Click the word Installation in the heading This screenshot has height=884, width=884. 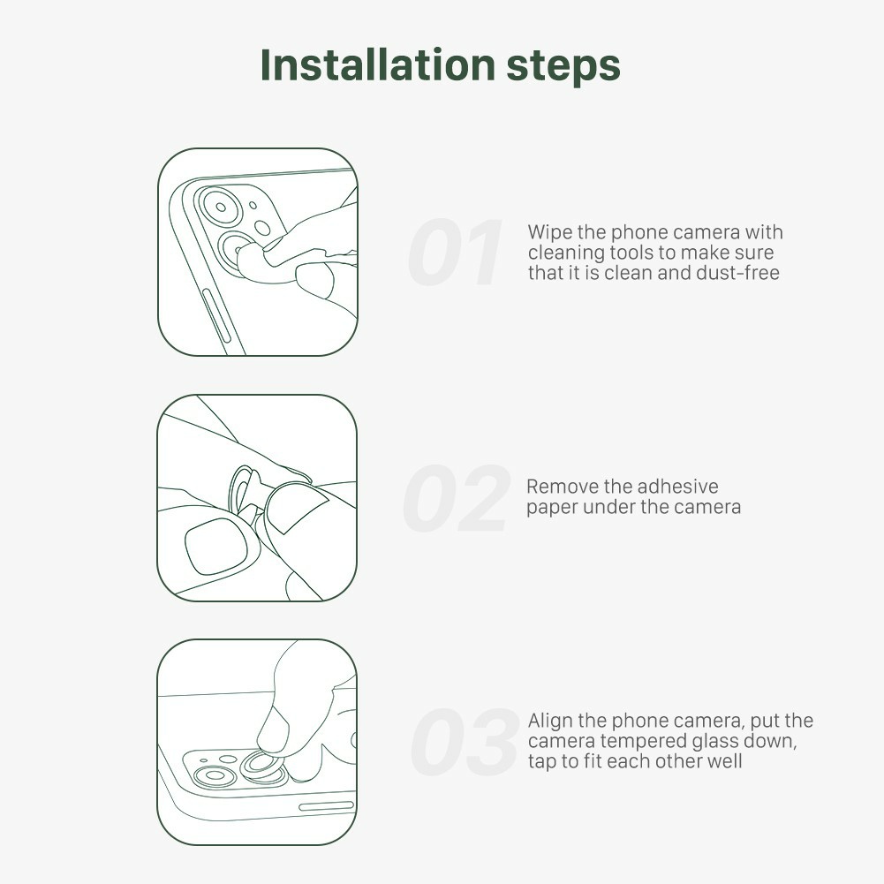pos(378,64)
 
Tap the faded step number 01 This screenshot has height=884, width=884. pos(455,253)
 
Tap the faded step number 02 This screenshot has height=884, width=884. pos(457,498)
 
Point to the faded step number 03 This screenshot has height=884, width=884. pos(465,742)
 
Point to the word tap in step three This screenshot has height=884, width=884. pos(542,761)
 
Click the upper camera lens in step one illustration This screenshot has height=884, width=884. pos(221,208)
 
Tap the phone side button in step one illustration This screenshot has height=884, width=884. pos(216,316)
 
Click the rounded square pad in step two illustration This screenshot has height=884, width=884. pos(216,546)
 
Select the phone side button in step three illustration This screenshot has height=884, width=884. pos(327,806)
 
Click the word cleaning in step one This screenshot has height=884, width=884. pos(566,253)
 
